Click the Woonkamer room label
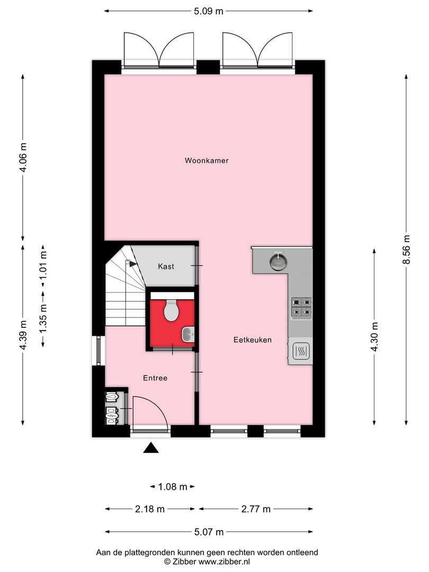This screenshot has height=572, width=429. coord(207,160)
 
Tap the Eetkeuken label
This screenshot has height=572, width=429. coord(253,340)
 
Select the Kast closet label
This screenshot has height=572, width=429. coord(166,266)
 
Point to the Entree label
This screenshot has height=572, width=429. coord(155,378)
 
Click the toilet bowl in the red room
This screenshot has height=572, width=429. coord(171,311)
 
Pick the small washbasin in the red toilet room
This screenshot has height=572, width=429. coord(188,334)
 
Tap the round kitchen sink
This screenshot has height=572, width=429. coord(276,261)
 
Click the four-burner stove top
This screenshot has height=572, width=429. coord(301,307)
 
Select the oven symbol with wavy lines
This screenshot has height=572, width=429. coord(300,351)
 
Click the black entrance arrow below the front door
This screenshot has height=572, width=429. coord(151,448)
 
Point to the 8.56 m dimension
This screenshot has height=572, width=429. coord(406,249)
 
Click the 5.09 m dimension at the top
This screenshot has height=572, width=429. coord(208,11)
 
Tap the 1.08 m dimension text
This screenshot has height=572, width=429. coord(173,486)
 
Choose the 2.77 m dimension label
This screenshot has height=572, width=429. coord(255,509)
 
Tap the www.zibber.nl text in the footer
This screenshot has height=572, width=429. coord(225,561)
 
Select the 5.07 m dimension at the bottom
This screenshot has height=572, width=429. coord(208,532)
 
